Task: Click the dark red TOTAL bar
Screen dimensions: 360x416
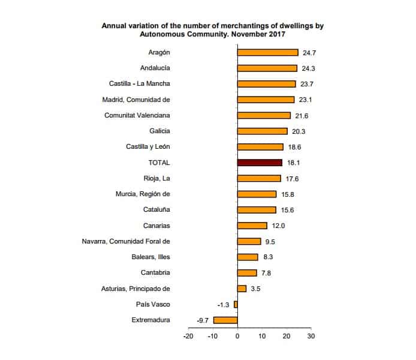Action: (260, 163)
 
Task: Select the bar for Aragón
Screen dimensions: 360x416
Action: (267, 52)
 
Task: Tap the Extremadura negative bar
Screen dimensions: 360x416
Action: (225, 320)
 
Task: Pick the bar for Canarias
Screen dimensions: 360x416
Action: (252, 226)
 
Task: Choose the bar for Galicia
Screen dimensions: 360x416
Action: (262, 131)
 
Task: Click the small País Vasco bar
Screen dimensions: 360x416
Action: (236, 304)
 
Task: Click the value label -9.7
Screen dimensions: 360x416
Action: (202, 320)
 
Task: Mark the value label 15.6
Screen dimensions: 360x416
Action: (288, 210)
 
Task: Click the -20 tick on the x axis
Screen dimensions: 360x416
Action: (188, 336)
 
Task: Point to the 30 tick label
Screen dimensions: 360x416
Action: (311, 336)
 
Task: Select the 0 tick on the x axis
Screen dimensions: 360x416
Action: (237, 336)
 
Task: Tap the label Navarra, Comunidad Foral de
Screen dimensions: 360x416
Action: (126, 241)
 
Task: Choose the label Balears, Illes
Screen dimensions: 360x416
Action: (151, 257)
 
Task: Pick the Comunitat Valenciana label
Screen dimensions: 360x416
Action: (137, 115)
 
